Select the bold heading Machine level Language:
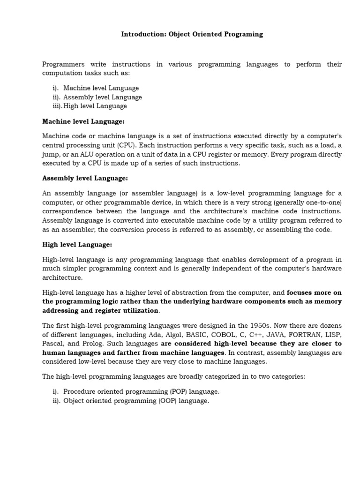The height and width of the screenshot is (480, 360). [x=83, y=121]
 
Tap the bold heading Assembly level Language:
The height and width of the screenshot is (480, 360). [x=85, y=179]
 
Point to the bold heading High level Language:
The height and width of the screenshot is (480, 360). [x=77, y=245]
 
